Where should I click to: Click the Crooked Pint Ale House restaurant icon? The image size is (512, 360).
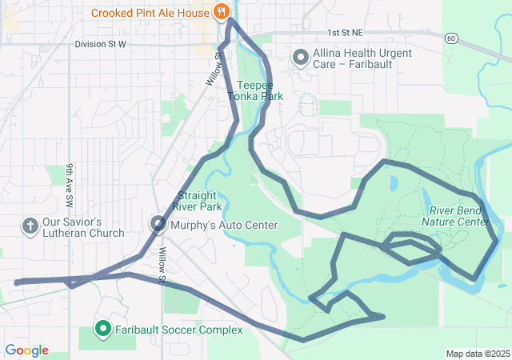222,12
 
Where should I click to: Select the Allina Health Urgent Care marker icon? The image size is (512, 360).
301,58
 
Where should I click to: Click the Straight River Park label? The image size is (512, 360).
199,201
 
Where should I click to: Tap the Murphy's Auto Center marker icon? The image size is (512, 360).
157,225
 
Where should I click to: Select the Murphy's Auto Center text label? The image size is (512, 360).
224,226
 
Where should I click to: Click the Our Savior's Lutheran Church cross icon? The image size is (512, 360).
30,226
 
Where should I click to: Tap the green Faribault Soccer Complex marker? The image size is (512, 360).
103,329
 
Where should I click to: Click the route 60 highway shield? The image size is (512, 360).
452,38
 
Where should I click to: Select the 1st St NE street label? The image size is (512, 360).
345,33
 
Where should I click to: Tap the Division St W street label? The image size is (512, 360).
100,44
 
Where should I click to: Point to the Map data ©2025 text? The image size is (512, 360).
477,354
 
